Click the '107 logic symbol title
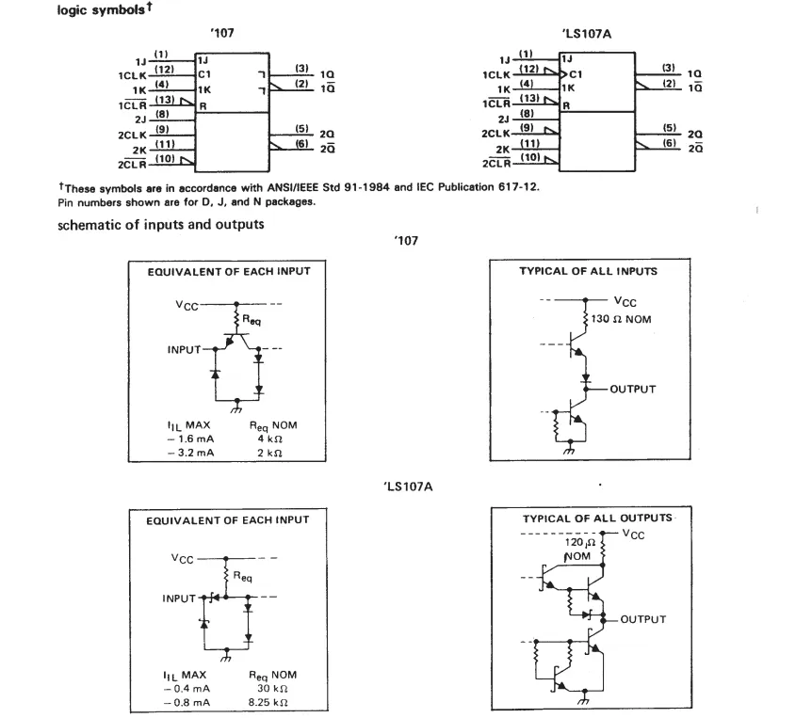pos(222,33)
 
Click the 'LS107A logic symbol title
pos(586,34)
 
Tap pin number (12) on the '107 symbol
pos(164,69)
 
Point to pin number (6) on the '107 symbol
pos(302,143)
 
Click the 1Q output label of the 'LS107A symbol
pos(694,74)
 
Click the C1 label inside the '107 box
pos(204,74)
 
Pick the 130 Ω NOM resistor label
pos(621,319)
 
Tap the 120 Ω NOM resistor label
pos(579,550)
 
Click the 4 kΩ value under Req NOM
pos(269,439)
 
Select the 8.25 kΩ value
pos(268,702)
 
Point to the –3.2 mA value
pos(190,453)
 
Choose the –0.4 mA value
pos(187,689)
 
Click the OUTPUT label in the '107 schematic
pos(632,389)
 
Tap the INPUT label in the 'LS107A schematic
pos(179,598)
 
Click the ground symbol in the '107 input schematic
pos(236,407)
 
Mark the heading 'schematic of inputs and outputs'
pos(161,225)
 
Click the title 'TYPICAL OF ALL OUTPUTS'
pos(597,519)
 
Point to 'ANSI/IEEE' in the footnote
pos(293,187)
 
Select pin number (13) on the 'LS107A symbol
pos(529,98)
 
